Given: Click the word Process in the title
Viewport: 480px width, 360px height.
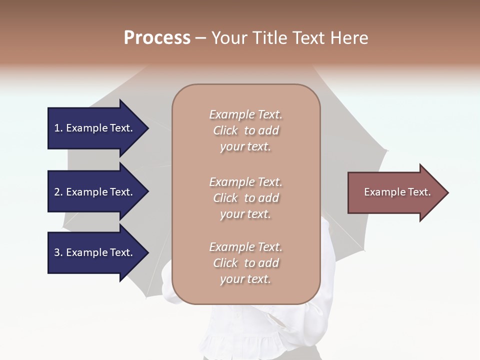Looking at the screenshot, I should point(157,38).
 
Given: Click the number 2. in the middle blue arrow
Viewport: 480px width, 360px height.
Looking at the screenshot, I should point(58,192).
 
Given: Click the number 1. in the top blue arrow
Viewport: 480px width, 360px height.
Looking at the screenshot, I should point(58,128).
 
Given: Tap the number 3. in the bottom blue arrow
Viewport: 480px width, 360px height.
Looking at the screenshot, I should point(58,252).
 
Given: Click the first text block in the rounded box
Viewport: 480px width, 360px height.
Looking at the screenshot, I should point(245,130).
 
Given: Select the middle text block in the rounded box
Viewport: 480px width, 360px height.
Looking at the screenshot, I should point(245,198).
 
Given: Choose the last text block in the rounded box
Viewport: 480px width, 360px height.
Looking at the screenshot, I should point(245,263).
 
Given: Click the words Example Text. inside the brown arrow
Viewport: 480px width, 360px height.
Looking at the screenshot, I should point(397,192).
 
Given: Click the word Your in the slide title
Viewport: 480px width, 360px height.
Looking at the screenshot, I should point(230,38).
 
